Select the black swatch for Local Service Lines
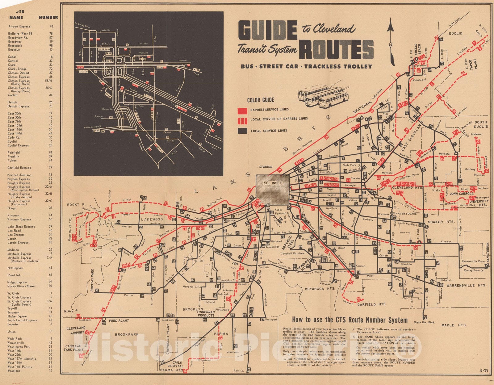click(x=242, y=131)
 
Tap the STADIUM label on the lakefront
click(x=266, y=167)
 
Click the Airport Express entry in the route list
click(x=19, y=27)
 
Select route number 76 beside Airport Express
click(x=51, y=27)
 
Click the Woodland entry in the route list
click(x=14, y=371)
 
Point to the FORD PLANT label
click(x=119, y=321)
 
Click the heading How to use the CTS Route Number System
click(x=350, y=320)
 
